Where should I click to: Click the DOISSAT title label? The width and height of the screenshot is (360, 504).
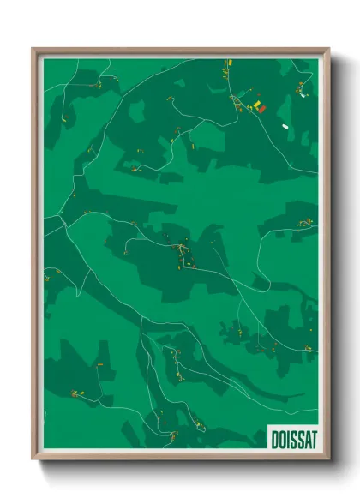pos(293,438)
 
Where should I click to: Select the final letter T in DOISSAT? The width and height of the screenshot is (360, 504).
pos(313,438)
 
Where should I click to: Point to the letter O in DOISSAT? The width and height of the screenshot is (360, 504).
pos(282,438)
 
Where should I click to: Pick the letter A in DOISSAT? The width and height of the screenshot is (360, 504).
pos(306,438)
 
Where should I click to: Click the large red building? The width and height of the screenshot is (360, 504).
pos(261,108)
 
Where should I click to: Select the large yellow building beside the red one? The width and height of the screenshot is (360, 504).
pos(255,105)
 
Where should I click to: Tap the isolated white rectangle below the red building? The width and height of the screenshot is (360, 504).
pos(285,126)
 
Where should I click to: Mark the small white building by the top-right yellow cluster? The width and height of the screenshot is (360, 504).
pos(303,95)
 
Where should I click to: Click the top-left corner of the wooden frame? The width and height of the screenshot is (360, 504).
pos(33,49)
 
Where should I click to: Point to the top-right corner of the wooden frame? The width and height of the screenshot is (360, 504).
pos(329,49)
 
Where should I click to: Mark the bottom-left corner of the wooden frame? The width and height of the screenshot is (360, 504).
pos(33,460)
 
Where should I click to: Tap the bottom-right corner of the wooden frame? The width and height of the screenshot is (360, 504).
pos(329,460)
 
